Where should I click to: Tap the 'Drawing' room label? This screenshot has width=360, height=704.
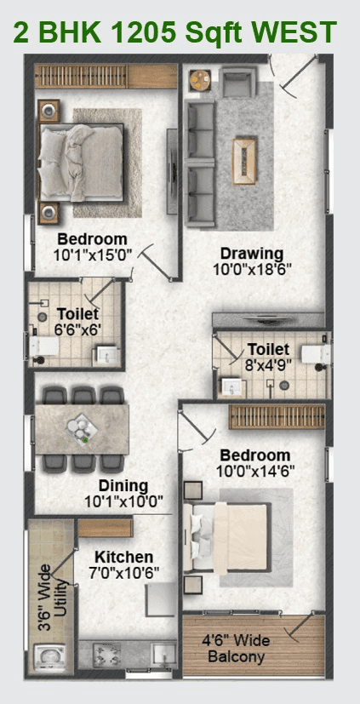pos(251,254)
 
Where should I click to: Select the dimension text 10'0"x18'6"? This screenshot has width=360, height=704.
pos(251,271)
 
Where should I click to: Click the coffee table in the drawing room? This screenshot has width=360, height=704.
pos(246,156)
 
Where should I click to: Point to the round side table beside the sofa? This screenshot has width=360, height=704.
pos(201,81)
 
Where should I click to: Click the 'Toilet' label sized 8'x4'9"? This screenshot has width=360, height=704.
pos(268,349)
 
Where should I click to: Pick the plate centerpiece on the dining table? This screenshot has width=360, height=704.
pos(83,426)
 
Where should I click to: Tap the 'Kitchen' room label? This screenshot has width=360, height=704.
pos(124,556)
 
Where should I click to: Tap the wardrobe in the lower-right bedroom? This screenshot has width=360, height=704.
pos(277,417)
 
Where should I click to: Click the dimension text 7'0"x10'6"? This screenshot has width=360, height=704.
pos(124,573)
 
